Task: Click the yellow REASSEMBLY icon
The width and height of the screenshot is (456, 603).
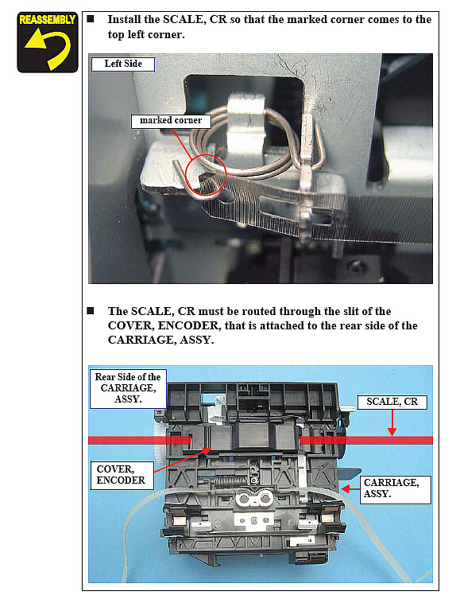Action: [x=48, y=42]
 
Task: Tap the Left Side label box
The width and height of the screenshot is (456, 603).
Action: [x=123, y=64]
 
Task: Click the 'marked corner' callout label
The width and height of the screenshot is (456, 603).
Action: [x=171, y=121]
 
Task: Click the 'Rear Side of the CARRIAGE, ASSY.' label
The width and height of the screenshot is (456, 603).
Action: [x=128, y=388]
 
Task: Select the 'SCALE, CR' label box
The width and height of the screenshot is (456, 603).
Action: [x=392, y=402]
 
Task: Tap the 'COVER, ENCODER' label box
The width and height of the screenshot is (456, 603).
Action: [x=122, y=475]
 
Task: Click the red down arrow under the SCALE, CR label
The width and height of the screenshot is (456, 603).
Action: [x=392, y=422]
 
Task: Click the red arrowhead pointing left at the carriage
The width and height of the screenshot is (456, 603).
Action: [x=346, y=488]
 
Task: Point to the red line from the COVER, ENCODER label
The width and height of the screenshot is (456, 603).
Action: [x=183, y=461]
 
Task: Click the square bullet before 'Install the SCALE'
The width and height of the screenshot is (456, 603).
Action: [x=91, y=19]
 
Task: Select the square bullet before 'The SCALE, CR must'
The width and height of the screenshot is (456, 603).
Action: [x=91, y=311]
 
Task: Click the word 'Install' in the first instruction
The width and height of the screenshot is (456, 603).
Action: [x=123, y=19]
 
